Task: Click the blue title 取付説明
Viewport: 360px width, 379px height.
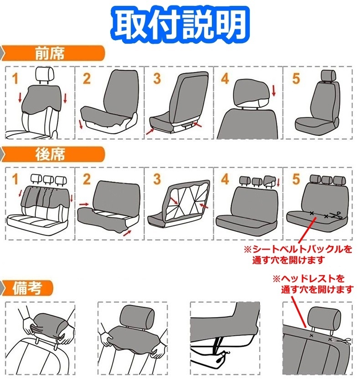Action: coord(180,23)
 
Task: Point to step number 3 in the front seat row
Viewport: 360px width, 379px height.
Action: coord(156,78)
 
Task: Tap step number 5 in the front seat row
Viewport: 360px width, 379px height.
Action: coord(296,78)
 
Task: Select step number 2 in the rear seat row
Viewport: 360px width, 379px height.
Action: coord(86,179)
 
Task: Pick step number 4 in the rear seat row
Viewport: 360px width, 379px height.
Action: coord(225,179)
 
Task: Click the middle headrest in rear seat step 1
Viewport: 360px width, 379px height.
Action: coord(47,179)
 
